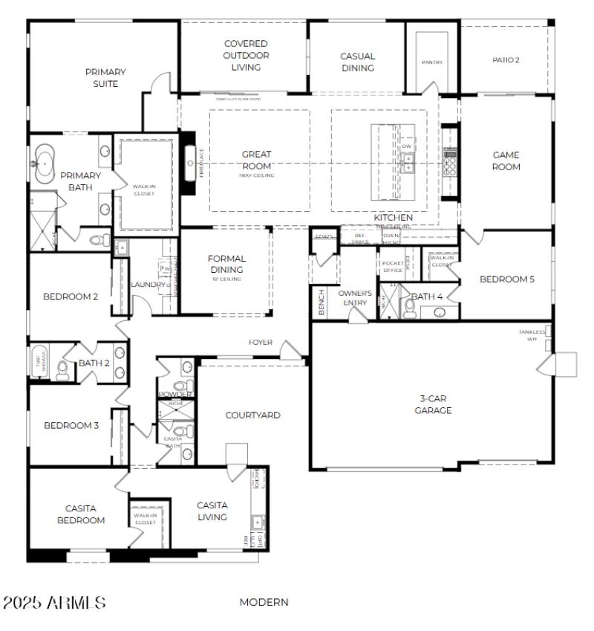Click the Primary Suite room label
click(x=105, y=78)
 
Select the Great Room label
click(x=256, y=161)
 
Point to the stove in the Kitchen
click(x=450, y=161)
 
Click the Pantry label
click(x=431, y=62)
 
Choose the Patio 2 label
click(x=506, y=59)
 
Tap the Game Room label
click(x=506, y=161)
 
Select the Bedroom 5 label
click(x=507, y=279)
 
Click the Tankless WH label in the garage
click(x=531, y=335)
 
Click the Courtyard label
click(x=252, y=415)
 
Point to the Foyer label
click(x=261, y=343)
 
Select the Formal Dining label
click(x=226, y=264)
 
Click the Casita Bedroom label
click(x=81, y=514)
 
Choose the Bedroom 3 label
click(x=71, y=426)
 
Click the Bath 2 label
click(x=94, y=363)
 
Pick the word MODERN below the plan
click(x=264, y=602)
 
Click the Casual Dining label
click(x=358, y=62)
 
